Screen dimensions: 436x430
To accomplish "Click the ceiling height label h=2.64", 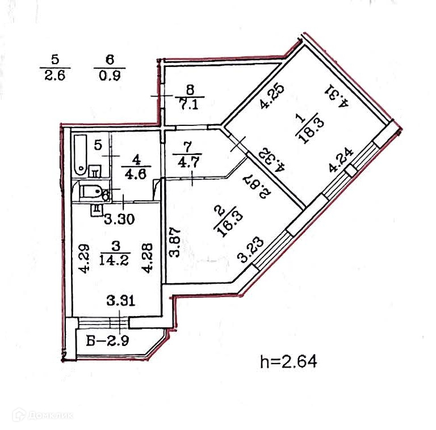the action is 287,361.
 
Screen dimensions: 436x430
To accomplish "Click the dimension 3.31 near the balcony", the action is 121,301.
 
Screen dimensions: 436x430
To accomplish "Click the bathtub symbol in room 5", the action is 81,154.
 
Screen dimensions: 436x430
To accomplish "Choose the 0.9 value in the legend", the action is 109,75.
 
